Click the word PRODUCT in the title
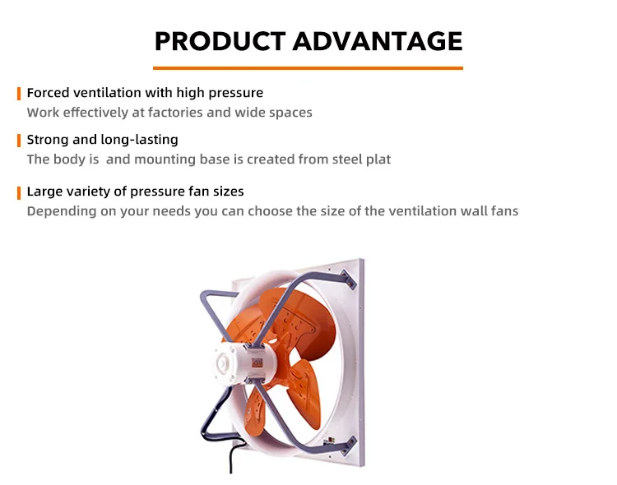click(x=220, y=41)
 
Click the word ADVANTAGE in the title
click(x=378, y=41)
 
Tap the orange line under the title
click(x=308, y=68)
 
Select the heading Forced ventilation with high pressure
click(x=145, y=93)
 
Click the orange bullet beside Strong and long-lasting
click(x=19, y=141)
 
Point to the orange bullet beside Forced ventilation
click(x=19, y=94)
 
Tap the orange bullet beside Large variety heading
click(x=19, y=193)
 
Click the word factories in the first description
click(x=175, y=113)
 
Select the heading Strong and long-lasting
click(x=102, y=140)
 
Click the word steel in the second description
click(x=347, y=159)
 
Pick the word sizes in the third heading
click(x=228, y=192)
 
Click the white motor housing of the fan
click(x=245, y=363)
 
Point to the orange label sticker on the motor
click(x=257, y=363)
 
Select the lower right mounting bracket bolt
click(x=349, y=446)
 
